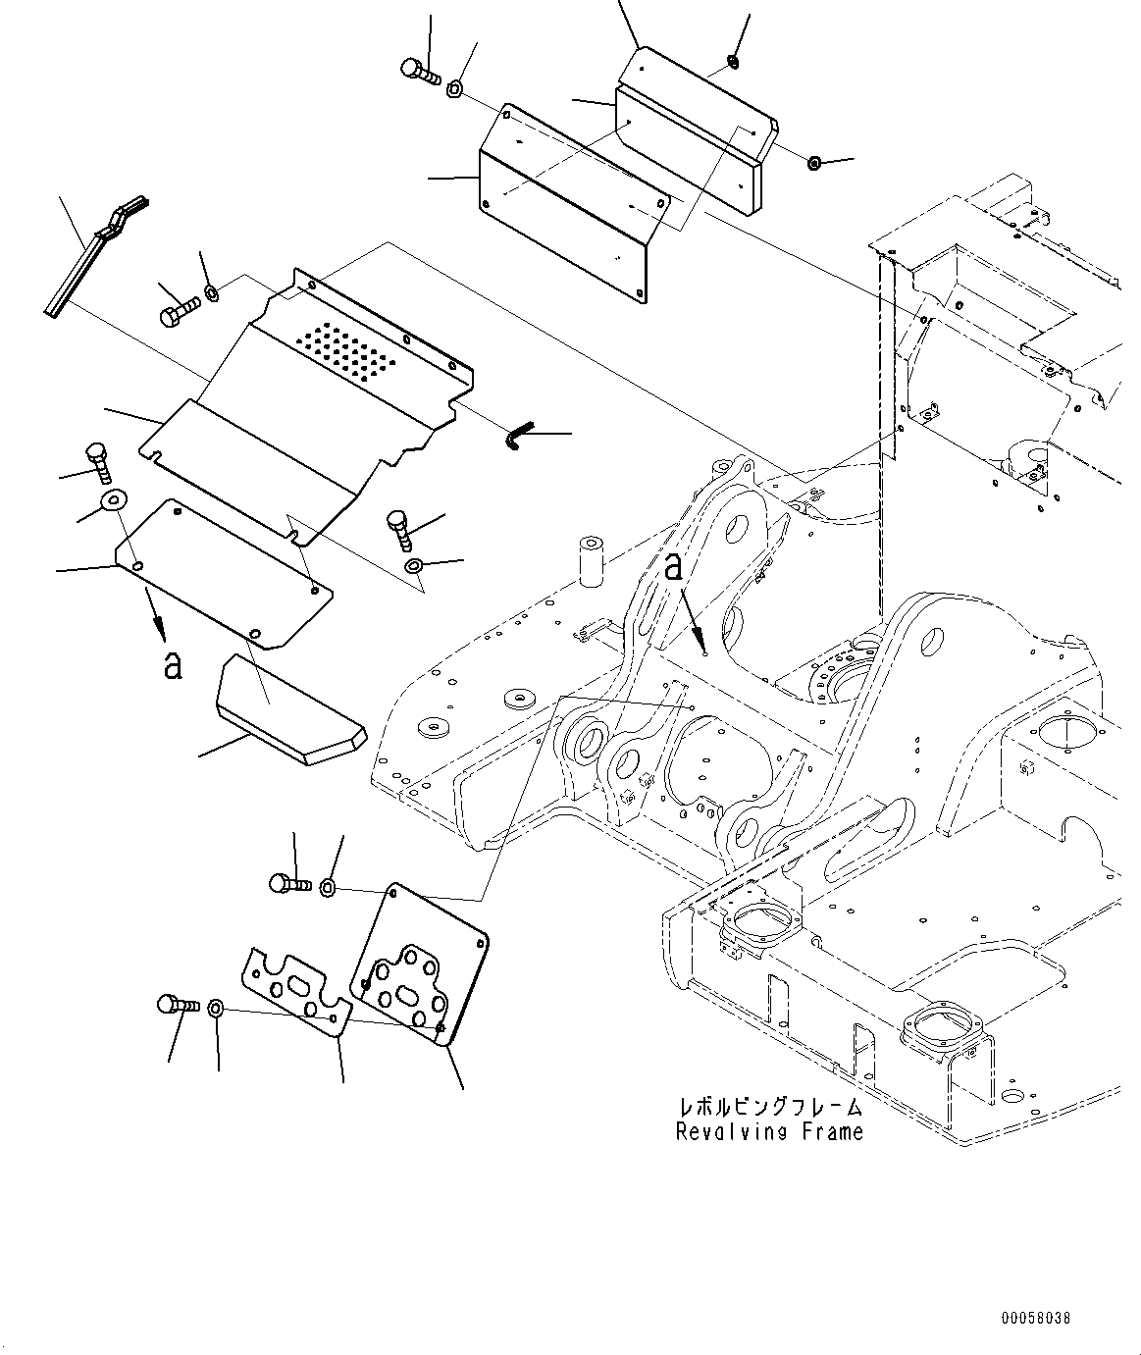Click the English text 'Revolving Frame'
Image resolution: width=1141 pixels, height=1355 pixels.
point(769,1131)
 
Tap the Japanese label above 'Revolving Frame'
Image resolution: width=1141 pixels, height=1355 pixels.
point(770,1107)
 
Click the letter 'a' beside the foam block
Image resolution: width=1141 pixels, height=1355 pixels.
point(173,664)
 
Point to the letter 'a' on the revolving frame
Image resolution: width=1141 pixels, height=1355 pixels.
point(673,567)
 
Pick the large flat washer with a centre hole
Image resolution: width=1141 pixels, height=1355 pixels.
point(114,500)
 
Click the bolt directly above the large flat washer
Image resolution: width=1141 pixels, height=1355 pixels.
point(97,459)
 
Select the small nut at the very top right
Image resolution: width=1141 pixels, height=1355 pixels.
point(732,64)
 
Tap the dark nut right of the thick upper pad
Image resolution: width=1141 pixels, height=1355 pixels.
point(814,162)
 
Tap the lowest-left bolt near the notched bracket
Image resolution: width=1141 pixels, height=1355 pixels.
point(176,1006)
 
